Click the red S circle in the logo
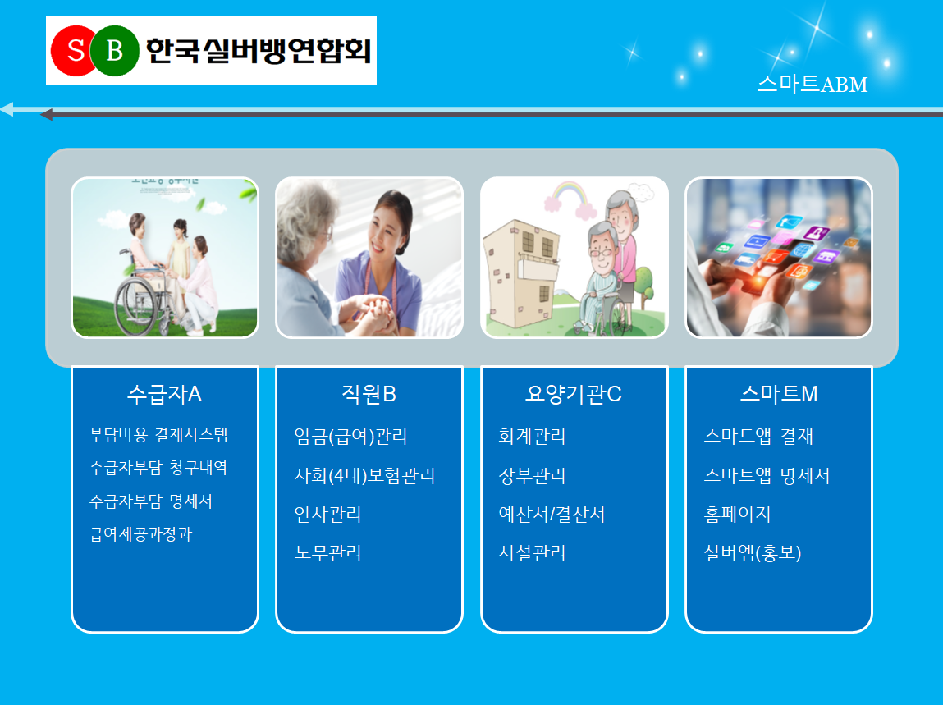point(75,51)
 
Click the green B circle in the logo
point(114,51)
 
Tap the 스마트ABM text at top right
point(813,85)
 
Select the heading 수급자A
point(164,394)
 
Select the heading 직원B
point(369,394)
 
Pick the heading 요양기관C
point(573,394)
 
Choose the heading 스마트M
point(779,394)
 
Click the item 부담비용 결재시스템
point(158,435)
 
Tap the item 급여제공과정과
point(140,534)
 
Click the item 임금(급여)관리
point(350,436)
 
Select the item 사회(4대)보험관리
point(364,476)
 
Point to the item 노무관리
point(327,553)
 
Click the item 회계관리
point(533,436)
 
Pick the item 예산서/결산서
point(552,515)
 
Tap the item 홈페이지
point(737,515)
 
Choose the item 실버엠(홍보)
point(753,553)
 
